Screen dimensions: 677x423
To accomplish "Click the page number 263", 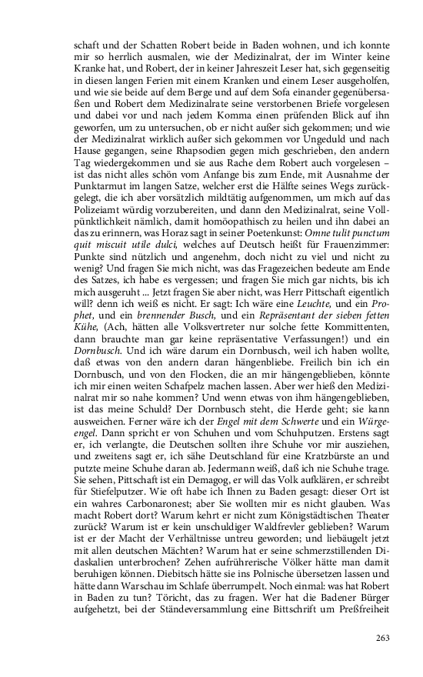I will [x=383, y=638].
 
